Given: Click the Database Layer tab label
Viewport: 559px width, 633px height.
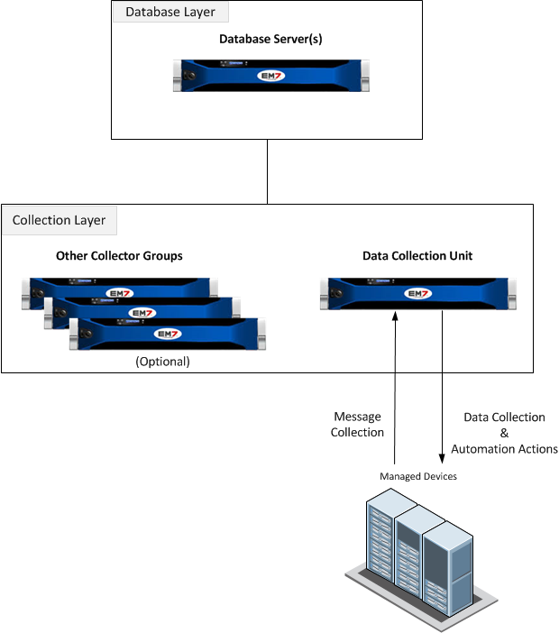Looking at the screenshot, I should click(x=170, y=12).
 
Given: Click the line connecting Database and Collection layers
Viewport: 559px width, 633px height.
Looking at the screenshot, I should click(x=268, y=171).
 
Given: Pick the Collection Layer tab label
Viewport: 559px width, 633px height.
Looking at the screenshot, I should click(x=60, y=220).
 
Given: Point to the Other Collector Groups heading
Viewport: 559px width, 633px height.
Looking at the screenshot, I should click(x=119, y=256).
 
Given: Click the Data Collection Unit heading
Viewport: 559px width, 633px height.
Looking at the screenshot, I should click(x=417, y=256).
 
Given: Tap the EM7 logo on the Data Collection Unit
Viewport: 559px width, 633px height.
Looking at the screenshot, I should click(x=417, y=294).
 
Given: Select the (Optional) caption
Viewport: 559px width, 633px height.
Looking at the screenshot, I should click(x=162, y=361).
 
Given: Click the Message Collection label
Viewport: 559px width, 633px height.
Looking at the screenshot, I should click(x=358, y=425).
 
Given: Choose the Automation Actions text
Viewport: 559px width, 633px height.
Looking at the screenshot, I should click(x=504, y=449).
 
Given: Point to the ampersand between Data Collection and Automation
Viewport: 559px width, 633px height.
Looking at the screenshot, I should click(x=504, y=434).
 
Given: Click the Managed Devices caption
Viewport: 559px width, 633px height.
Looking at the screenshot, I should click(x=418, y=476).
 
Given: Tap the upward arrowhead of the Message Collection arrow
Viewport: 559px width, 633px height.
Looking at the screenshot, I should click(x=395, y=316).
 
